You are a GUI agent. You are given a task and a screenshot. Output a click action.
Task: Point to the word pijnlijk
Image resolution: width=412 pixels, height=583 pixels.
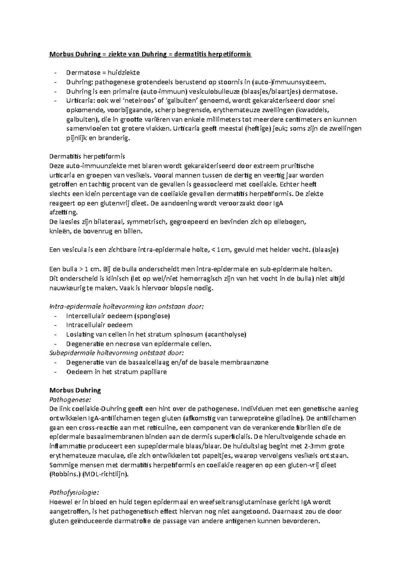coord(77,138)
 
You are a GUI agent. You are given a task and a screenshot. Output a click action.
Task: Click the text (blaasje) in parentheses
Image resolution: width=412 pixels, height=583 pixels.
coord(325,250)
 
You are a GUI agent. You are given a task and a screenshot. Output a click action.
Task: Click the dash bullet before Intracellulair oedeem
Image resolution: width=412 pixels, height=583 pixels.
coord(56,325)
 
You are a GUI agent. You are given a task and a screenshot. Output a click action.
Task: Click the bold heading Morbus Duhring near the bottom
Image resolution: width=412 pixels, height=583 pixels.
coord(75,390)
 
